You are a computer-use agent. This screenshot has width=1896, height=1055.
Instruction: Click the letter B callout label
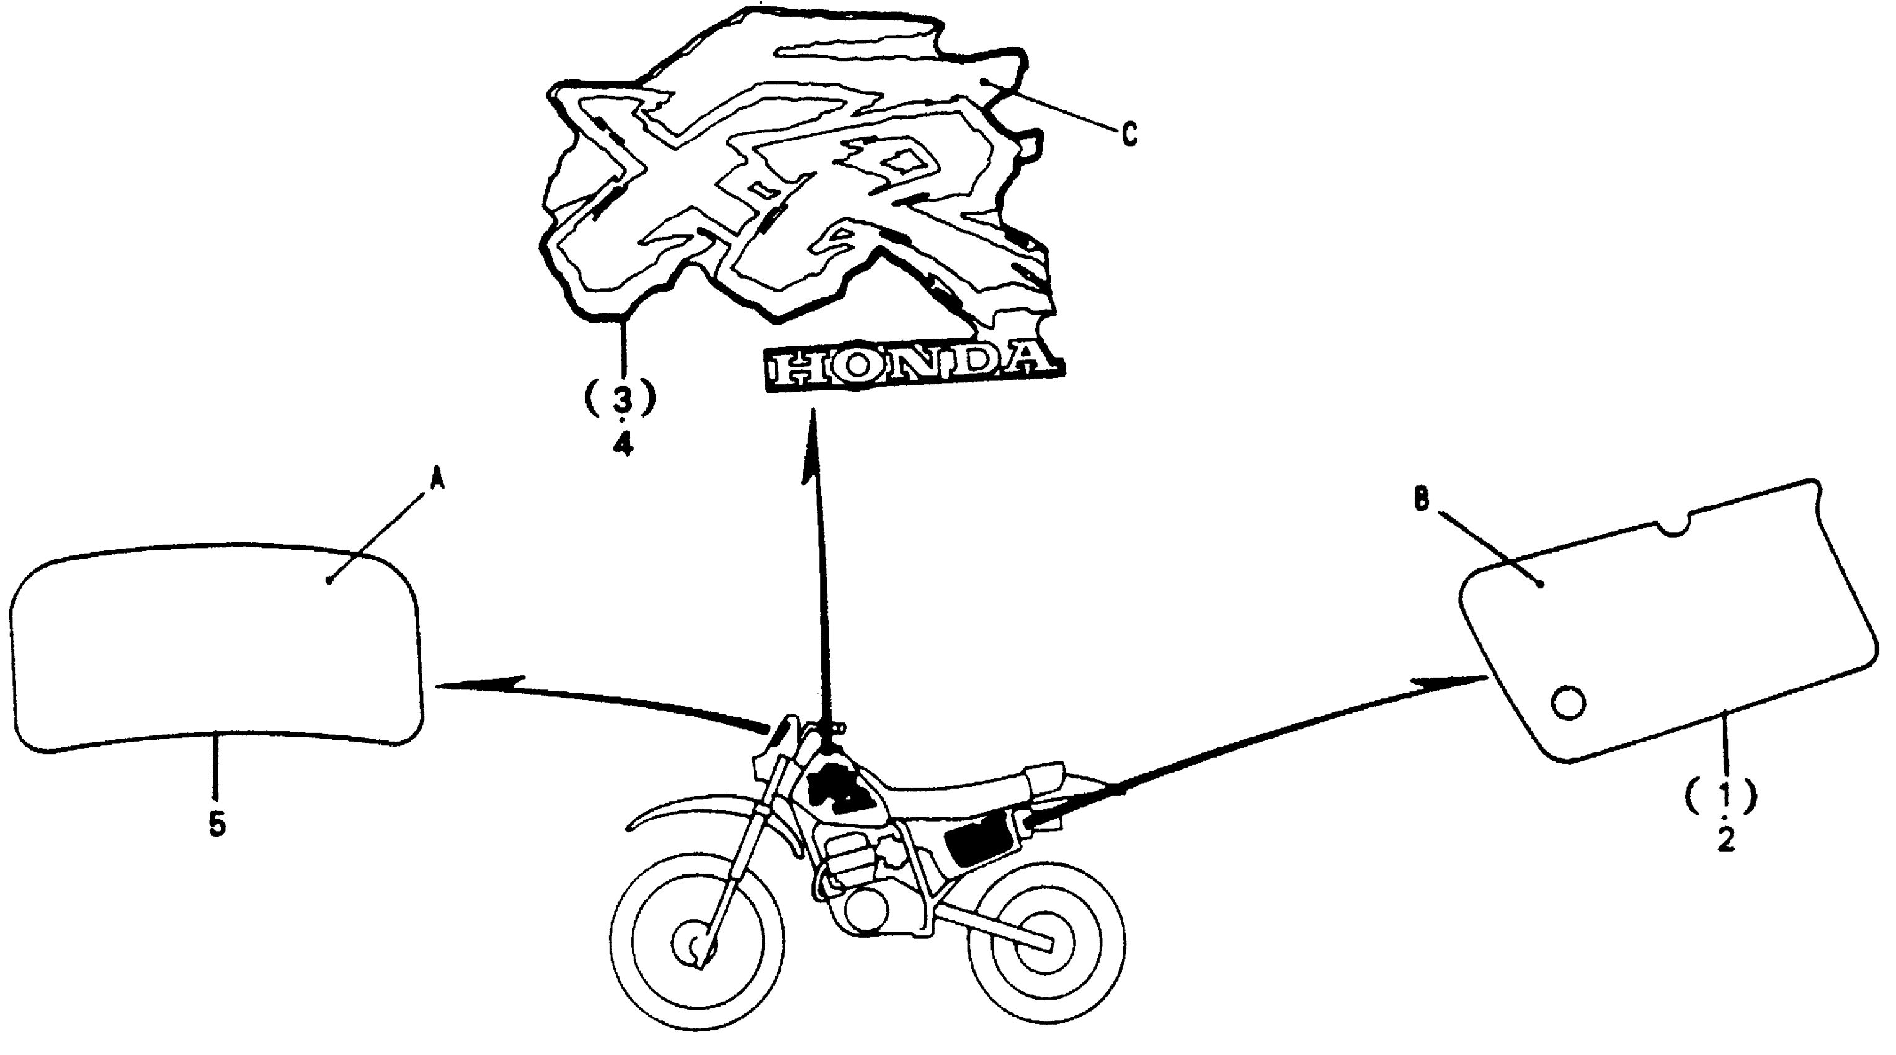click(x=1422, y=500)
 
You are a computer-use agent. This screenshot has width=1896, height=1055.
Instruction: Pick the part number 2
click(x=1726, y=838)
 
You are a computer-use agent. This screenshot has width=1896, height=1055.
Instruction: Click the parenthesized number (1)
click(x=1722, y=794)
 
